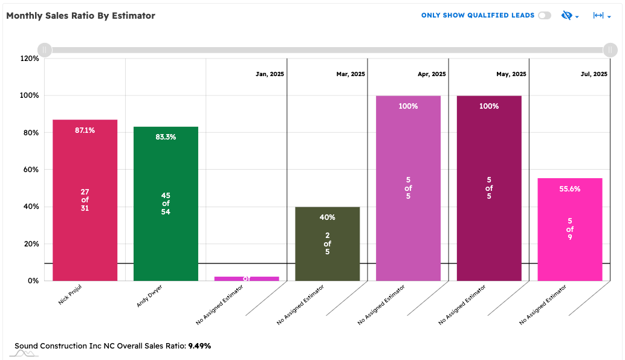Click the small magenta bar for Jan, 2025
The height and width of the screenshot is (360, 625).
247,278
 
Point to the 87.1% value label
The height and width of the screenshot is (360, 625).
85,130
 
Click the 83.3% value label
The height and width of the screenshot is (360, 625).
166,137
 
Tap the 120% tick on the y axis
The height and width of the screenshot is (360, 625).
30,59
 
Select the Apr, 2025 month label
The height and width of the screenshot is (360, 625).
432,74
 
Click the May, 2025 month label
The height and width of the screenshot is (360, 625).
511,74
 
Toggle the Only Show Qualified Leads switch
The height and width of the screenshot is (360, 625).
545,16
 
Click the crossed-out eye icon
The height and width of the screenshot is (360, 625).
566,16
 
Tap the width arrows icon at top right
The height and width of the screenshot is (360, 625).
599,16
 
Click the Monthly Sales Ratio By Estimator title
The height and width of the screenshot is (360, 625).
80,16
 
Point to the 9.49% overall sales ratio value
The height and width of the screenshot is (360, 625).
199,346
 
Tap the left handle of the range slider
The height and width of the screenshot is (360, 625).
44,50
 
